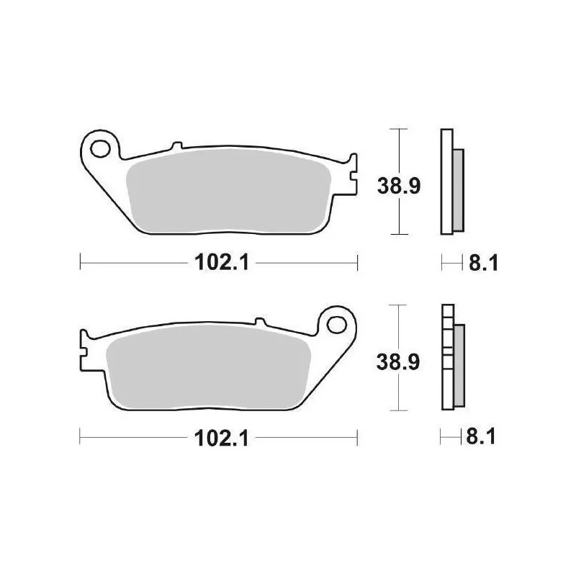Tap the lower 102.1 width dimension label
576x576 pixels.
tap(221, 438)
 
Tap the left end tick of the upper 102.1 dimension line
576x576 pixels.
tap(80, 263)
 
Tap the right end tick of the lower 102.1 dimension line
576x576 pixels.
tap(357, 437)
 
